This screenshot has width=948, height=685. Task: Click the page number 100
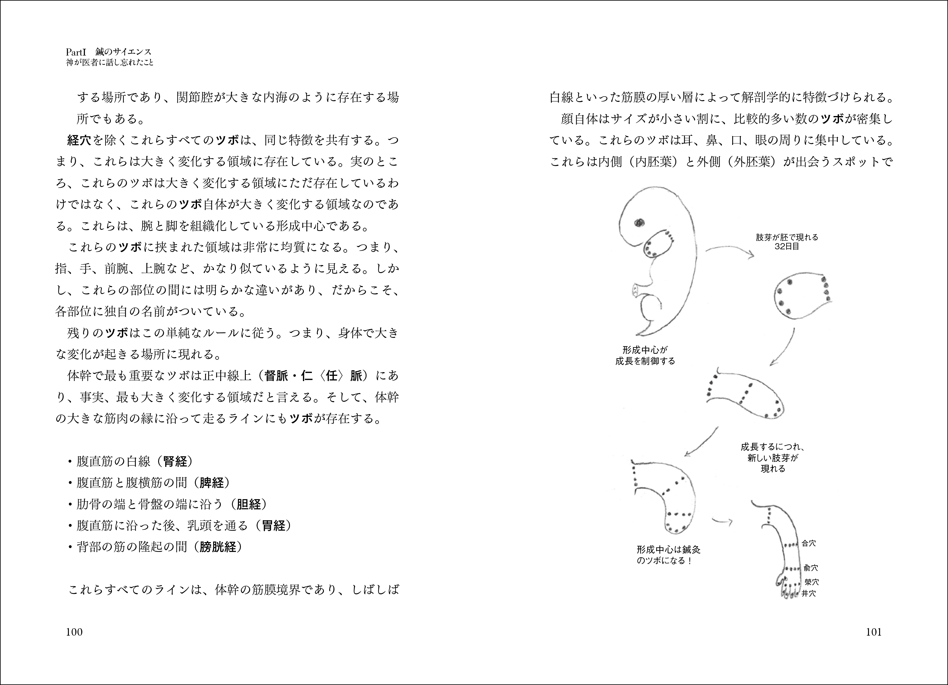[74, 632]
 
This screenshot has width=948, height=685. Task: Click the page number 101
[874, 632]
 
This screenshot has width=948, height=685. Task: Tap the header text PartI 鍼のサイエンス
[109, 52]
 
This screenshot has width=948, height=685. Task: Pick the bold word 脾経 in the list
[212, 483]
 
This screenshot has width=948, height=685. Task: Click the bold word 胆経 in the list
[249, 504]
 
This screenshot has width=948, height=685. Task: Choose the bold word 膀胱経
[218, 547]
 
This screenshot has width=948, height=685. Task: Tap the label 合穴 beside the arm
[808, 543]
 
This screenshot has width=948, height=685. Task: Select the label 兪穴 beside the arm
[811, 568]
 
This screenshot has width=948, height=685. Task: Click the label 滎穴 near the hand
[811, 582]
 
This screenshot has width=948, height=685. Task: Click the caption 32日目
[787, 247]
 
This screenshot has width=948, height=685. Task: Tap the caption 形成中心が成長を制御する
[645, 355]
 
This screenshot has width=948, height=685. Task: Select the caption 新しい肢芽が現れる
[773, 458]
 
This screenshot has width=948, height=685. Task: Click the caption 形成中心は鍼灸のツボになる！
[668, 555]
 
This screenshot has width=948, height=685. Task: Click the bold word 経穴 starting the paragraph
[79, 140]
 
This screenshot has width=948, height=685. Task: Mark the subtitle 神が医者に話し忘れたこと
[110, 63]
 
